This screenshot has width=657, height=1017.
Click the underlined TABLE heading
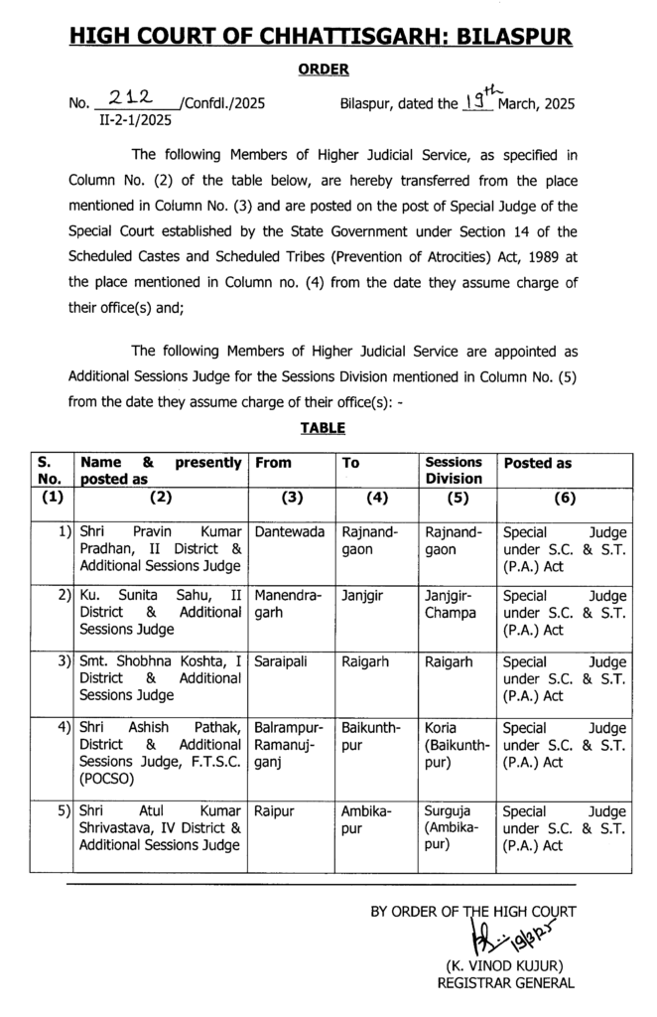tap(323, 428)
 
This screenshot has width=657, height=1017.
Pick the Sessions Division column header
tap(455, 470)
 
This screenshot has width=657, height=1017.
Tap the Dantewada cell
tap(290, 532)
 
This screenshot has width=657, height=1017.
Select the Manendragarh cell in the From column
tap(285, 604)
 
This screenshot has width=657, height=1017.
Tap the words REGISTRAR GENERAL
tap(506, 983)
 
